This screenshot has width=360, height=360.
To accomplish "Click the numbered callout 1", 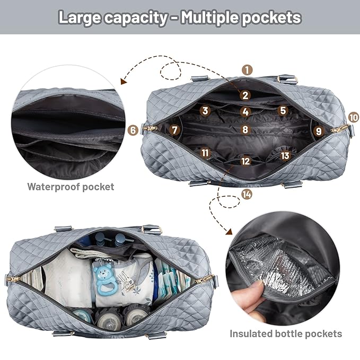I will pos(248,69).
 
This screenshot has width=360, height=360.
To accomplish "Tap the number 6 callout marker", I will pos(133,129).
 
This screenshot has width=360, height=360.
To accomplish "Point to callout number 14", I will pos(246,194).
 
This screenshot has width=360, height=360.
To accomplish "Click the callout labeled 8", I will pos(245,129).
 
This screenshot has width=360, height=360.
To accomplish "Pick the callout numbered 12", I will pos(245,160).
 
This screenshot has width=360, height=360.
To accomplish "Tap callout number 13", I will pos(286,155).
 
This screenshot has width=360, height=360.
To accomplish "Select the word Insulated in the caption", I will pos(250,333).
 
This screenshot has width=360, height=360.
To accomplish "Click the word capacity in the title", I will pos(133,17).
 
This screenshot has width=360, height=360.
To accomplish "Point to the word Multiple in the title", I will pos(212,17).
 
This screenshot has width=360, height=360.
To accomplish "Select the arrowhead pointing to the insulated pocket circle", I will pos(231,231).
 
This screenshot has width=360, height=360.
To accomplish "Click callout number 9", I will pos(318,130).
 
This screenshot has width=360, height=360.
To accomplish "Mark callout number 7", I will pos(174,129).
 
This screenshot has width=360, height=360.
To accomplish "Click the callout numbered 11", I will pos(205,153).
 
